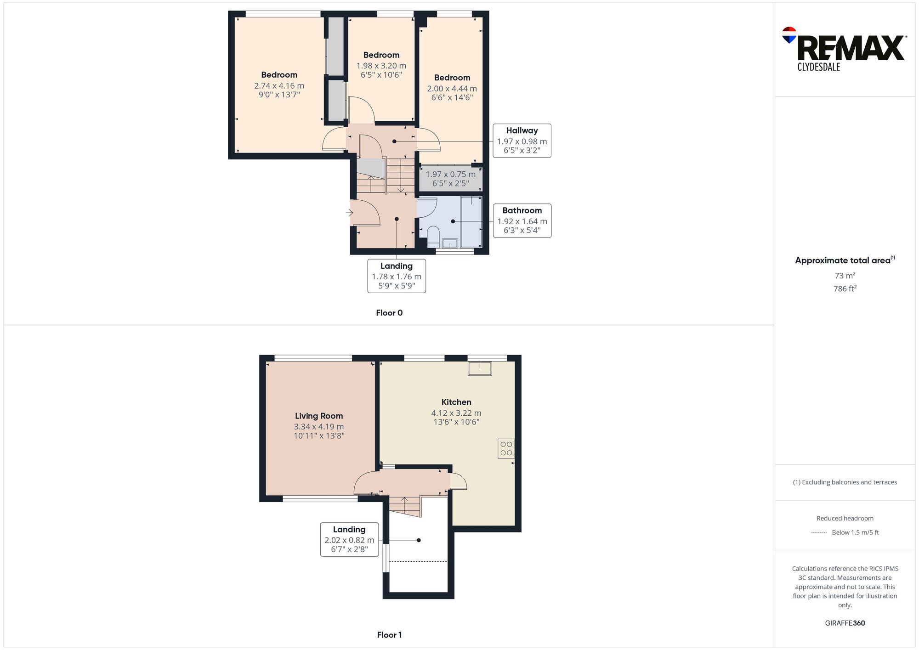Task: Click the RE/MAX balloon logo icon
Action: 789,35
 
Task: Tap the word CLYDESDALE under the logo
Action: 818,67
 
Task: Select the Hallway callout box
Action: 522,141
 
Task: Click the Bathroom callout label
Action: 522,220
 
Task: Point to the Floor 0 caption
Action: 389,313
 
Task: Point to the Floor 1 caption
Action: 389,635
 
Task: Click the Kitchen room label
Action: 456,402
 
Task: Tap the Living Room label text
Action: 318,416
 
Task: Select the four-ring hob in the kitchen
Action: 506,448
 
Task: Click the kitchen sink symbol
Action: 480,368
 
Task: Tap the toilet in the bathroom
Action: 433,235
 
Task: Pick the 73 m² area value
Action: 845,276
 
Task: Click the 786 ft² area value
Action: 845,288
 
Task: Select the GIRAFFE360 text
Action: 845,623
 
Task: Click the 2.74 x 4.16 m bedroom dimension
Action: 279,86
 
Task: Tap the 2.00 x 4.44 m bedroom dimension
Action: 452,89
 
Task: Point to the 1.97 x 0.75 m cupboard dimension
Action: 450,175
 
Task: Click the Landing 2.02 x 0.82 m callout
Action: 349,539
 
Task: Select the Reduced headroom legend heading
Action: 845,518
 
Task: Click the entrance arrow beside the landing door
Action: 349,213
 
